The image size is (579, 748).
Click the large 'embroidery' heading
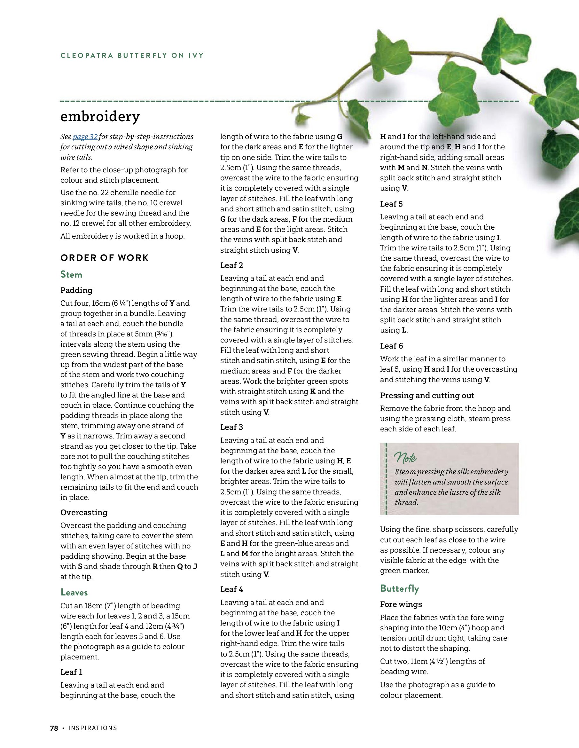pyautogui.click(x=100, y=117)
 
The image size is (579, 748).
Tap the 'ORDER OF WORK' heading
pyautogui.click(x=105, y=258)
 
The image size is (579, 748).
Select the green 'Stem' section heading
pyautogui.click(x=71, y=274)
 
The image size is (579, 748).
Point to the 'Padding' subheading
pyautogui.click(x=76, y=290)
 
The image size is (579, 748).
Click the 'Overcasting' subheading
pyautogui.click(x=84, y=512)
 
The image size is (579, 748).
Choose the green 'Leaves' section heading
pyautogui.click(x=74, y=592)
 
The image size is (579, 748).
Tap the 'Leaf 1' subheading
pyautogui.click(x=71, y=672)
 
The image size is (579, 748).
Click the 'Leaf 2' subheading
pyautogui.click(x=231, y=265)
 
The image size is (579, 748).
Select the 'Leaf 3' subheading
pyautogui.click(x=231, y=427)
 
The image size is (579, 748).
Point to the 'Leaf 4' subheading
pyautogui.click(x=231, y=589)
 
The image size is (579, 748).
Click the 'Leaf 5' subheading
pyautogui.click(x=391, y=204)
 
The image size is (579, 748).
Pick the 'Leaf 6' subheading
pyautogui.click(x=391, y=346)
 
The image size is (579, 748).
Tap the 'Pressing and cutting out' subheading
pyautogui.click(x=426, y=396)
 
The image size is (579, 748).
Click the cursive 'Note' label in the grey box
pyautogui.click(x=405, y=457)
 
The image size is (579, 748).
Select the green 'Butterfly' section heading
pyautogui.click(x=399, y=588)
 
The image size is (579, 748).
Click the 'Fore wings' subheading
pyautogui.click(x=401, y=604)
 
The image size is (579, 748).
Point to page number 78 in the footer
pyautogui.click(x=54, y=728)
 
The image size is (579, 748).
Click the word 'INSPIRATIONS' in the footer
pyautogui.click(x=92, y=728)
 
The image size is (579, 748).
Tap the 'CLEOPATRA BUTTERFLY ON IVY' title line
pyautogui.click(x=132, y=55)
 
